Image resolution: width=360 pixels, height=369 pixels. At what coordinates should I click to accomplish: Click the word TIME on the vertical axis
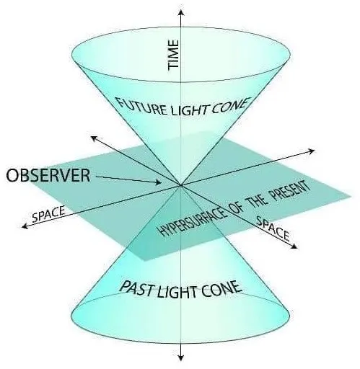pos(173,55)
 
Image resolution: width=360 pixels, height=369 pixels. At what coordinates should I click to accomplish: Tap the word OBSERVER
pos(48,175)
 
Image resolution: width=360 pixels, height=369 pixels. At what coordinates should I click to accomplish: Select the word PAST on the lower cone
pos(137,288)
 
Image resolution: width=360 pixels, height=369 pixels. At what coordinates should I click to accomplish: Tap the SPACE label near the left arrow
pos(49,214)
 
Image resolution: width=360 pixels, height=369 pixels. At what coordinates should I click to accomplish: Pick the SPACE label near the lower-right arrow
pos(273,228)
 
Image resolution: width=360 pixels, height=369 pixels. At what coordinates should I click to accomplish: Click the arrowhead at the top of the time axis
pos(181,12)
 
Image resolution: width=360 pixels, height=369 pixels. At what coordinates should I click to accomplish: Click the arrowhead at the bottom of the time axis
pos(181,357)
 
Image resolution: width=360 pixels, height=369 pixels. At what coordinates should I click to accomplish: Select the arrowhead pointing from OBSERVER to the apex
pos(158,182)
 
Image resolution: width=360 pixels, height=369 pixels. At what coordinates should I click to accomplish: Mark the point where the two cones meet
pos(180,185)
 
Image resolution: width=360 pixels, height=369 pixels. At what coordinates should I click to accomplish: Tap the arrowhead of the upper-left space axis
pos(94,138)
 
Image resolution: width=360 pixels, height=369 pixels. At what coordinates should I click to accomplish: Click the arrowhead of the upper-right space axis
pos(311,151)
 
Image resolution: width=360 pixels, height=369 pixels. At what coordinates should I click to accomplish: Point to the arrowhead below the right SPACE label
pos(294,246)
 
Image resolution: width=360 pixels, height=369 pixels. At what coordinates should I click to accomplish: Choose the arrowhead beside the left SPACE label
pos(25,226)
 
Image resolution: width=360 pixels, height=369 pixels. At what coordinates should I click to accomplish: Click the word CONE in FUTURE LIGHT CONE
pos(229,106)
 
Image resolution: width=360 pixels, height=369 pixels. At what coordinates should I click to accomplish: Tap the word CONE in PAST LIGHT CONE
pos(221,288)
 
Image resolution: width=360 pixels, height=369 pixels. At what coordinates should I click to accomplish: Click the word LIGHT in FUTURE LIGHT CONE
pos(189,110)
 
